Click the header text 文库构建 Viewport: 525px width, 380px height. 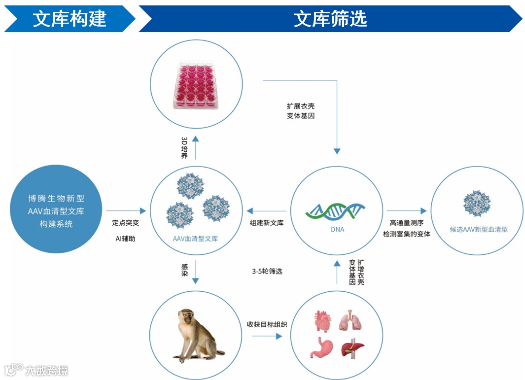[70, 19]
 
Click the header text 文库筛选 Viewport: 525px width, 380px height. [330, 19]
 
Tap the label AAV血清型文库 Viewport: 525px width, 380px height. [196, 239]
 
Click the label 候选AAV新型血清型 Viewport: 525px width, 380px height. [478, 229]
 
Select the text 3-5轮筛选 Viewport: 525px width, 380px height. [267, 272]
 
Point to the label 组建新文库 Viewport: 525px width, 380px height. [267, 223]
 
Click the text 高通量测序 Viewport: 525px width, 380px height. [406, 223]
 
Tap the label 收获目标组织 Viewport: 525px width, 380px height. [267, 324]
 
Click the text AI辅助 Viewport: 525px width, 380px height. [125, 239]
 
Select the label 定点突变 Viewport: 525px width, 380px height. [125, 223]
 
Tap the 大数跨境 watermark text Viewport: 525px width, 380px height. [46, 370]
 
